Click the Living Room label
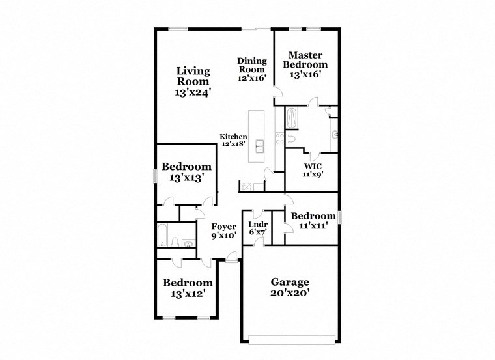[x=193, y=82]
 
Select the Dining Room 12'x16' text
[x=251, y=69]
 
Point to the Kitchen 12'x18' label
[x=233, y=140]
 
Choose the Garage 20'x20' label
[x=290, y=287]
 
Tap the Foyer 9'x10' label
[x=223, y=231]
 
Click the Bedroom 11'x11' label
[x=313, y=221]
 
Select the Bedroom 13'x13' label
[x=186, y=171]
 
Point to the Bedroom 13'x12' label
[x=188, y=288]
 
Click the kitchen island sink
[x=259, y=145]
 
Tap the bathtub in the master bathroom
[x=292, y=119]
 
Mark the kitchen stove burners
[x=280, y=139]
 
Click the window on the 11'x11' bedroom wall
[x=340, y=216]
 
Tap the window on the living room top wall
[x=178, y=28]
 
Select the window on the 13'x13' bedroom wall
[x=155, y=176]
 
